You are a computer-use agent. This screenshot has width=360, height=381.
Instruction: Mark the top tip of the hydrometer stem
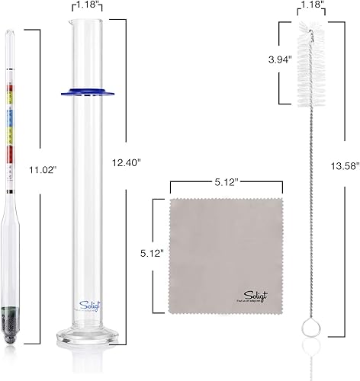(x=9, y=31)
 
